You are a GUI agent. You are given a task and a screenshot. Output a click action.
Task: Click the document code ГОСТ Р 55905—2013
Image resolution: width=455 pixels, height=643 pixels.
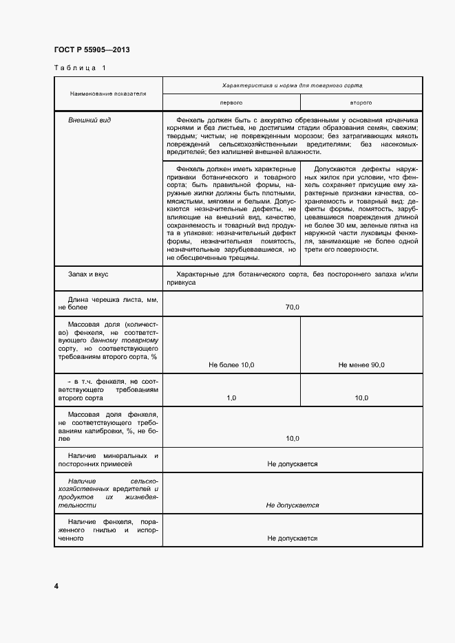[92, 50]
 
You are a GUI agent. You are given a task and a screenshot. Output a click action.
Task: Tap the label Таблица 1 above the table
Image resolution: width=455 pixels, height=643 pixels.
[80, 67]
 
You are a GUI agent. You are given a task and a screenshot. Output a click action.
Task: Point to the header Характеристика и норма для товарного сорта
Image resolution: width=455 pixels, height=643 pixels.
[293, 85]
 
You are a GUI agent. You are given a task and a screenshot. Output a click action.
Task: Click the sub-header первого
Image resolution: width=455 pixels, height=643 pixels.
[231, 102]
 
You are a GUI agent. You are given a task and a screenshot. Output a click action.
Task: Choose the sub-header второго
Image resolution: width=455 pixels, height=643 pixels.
[361, 102]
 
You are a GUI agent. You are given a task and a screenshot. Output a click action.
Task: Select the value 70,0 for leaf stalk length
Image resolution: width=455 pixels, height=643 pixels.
[293, 307]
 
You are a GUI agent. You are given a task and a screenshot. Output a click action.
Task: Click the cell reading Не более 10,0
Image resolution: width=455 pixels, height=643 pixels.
[231, 364]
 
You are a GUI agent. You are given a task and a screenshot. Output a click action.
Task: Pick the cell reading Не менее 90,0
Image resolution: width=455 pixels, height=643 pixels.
[361, 364]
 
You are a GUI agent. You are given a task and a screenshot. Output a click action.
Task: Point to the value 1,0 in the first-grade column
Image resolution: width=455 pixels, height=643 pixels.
[231, 398]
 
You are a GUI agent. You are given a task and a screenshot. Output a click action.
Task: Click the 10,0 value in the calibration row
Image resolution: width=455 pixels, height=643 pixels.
[293, 438]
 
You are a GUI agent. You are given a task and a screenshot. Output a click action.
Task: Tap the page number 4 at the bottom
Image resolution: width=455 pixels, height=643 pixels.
[56, 586]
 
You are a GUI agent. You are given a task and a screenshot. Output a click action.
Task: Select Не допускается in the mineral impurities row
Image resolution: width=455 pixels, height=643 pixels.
[293, 464]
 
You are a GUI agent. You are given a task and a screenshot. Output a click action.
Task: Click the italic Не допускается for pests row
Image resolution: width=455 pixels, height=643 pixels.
[293, 505]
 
